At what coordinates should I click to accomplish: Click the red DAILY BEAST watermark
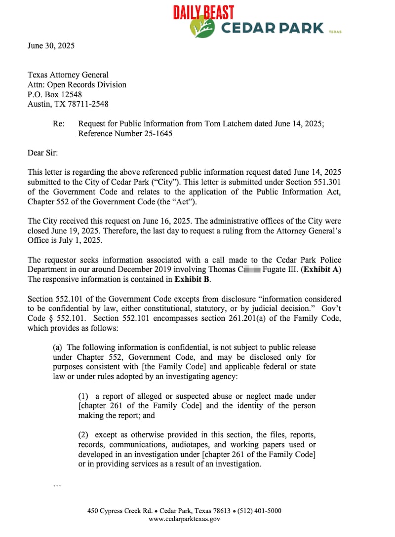[203, 13]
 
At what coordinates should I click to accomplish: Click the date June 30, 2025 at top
[51, 46]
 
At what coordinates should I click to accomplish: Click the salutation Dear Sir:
[42, 153]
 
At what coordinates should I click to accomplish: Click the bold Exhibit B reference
[192, 279]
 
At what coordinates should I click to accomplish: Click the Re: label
[58, 124]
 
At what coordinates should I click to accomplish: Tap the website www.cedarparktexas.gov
[184, 519]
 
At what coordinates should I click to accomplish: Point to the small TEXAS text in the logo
[335, 32]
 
